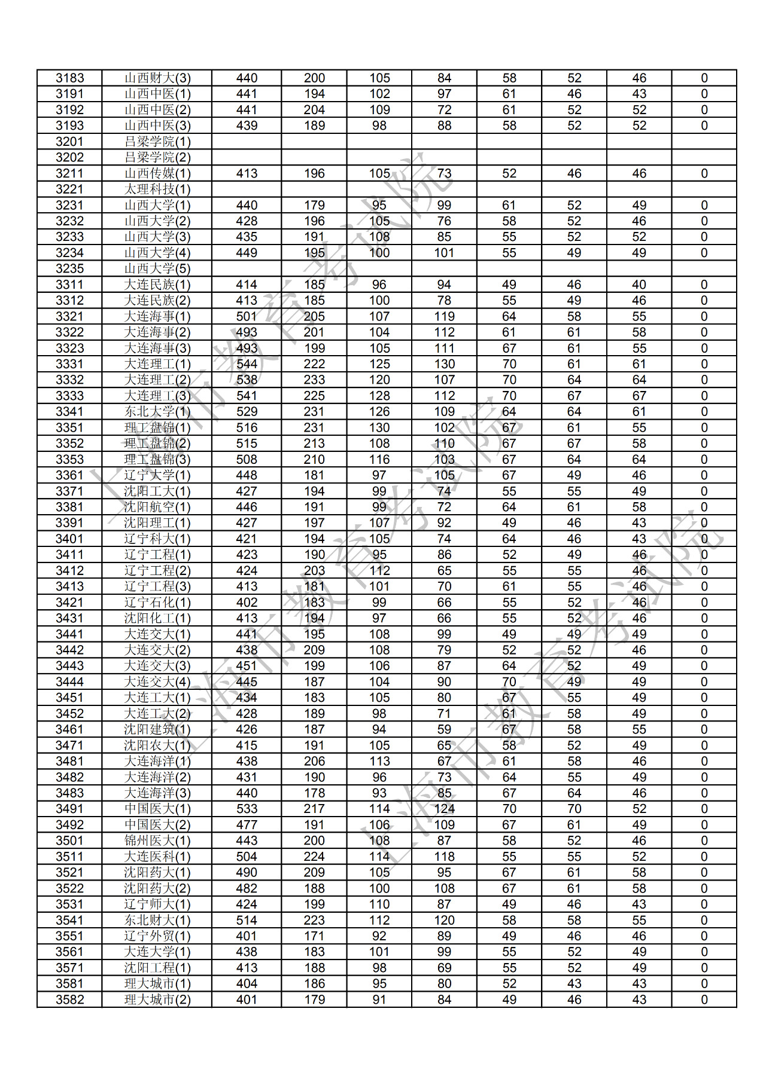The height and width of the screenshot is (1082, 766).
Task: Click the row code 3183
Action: pos(70,78)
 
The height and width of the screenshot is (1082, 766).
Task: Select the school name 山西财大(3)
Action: pos(157,78)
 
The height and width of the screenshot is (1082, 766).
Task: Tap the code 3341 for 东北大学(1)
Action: pos(70,412)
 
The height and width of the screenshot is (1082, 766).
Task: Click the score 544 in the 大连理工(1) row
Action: pos(247,364)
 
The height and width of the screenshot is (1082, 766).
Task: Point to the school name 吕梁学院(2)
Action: pos(157,158)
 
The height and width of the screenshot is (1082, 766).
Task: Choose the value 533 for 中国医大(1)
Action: pos(247,809)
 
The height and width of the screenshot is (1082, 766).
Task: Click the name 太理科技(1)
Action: pos(157,189)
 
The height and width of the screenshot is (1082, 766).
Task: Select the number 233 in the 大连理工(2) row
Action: pos(314,380)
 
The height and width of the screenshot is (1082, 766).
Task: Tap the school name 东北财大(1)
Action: pos(157,921)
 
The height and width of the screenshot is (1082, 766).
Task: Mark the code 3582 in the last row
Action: pos(70,1000)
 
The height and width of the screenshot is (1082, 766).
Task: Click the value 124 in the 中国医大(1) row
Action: pos(444,809)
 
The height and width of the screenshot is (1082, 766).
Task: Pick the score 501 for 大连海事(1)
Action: pos(247,317)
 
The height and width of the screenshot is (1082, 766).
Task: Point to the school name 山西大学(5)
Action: pos(157,269)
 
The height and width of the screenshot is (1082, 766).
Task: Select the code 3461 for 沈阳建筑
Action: pos(70,730)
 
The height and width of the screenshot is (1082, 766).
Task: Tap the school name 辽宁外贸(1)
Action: pos(157,937)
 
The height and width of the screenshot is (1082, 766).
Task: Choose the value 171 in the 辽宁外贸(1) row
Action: pos(314,937)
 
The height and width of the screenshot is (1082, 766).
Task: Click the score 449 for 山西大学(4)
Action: pos(247,253)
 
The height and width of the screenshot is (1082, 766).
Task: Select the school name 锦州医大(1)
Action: pos(157,841)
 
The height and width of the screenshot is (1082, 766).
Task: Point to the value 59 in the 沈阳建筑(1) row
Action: pos(444,730)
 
